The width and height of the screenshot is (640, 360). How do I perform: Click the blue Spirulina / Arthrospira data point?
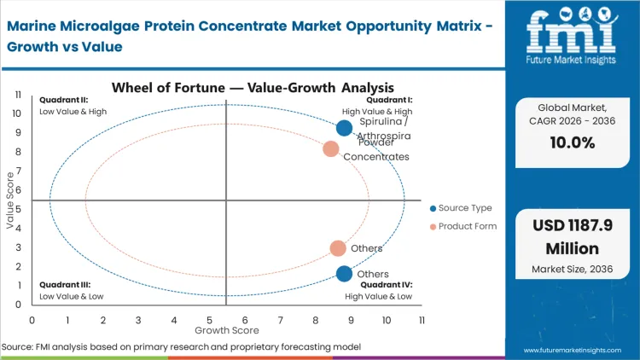[x=344, y=128]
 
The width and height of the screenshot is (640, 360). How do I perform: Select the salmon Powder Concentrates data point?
[x=331, y=149]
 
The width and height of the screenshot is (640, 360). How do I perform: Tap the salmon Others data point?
[x=338, y=248]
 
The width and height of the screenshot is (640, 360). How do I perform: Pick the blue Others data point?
[x=344, y=274]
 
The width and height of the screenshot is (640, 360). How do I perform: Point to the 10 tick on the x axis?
[x=387, y=320]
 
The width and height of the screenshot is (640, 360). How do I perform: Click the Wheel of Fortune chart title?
[x=252, y=87]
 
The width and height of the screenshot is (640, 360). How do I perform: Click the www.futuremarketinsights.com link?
[x=577, y=351]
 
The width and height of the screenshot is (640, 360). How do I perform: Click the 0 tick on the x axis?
[x=32, y=320]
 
